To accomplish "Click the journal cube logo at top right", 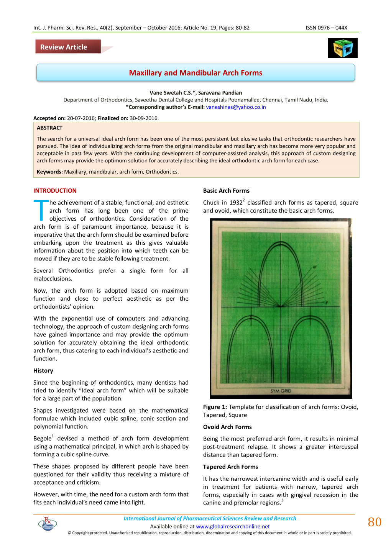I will tap(342, 48).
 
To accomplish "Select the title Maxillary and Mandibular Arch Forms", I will tap(195, 73).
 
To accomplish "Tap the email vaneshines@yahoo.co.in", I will tap(236, 107).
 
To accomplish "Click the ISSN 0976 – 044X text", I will tap(326, 28).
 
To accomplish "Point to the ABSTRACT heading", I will tap(49, 128).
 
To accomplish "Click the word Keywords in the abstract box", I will tap(49, 172).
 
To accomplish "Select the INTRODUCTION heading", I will tap(55, 191).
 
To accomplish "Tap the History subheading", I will tap(43, 371).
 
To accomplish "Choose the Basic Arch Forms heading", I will tap(226, 191).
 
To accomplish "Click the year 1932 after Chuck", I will tap(236, 203).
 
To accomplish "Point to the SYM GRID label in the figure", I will tap(281, 391).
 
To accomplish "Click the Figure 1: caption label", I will tap(215, 407).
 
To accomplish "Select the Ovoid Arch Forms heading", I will tap(227, 427).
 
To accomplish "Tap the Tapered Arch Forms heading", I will tap(230, 467).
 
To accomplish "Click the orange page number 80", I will tap(375, 522).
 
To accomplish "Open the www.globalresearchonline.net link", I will tap(233, 527).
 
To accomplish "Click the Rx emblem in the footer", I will tap(48, 524).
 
